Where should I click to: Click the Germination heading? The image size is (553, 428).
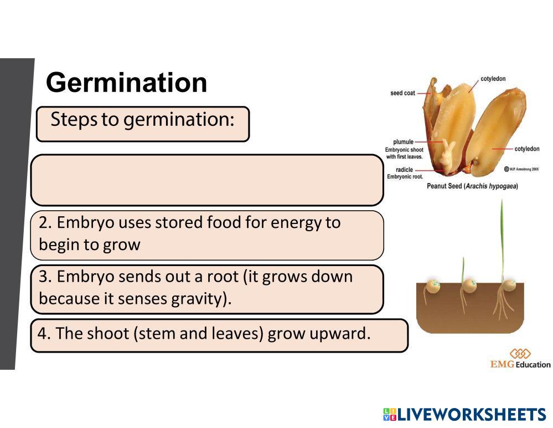click(127, 83)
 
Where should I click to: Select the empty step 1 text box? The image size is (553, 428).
click(206, 180)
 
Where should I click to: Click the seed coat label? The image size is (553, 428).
click(402, 93)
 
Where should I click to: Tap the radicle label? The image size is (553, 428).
click(404, 170)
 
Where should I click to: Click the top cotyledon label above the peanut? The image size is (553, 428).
click(493, 79)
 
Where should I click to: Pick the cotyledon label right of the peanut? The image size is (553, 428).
click(526, 149)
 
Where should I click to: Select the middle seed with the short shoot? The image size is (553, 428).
click(469, 286)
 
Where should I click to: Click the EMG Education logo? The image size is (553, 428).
click(520, 359)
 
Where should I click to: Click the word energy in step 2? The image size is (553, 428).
click(297, 223)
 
